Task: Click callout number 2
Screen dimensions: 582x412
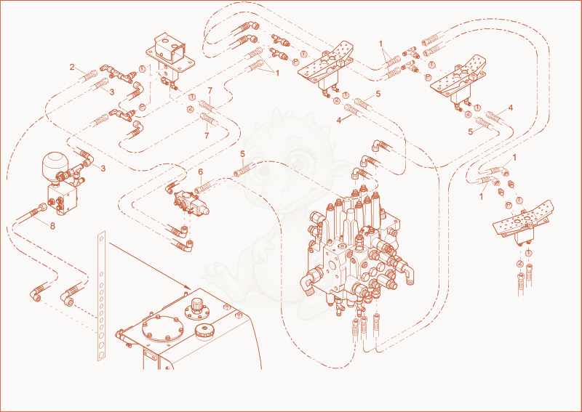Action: click(72, 67)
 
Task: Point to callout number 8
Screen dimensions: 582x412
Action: click(52, 226)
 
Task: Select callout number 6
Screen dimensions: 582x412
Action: click(201, 171)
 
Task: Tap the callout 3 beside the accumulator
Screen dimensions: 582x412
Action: click(103, 169)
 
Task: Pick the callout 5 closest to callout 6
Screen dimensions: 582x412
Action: click(242, 154)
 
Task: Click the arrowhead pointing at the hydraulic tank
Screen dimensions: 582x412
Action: click(188, 288)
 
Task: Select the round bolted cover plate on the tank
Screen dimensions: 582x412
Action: click(161, 328)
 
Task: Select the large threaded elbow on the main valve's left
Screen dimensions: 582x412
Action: click(311, 283)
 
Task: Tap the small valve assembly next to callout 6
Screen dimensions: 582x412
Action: click(191, 203)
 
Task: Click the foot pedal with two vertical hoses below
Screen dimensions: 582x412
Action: click(522, 225)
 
